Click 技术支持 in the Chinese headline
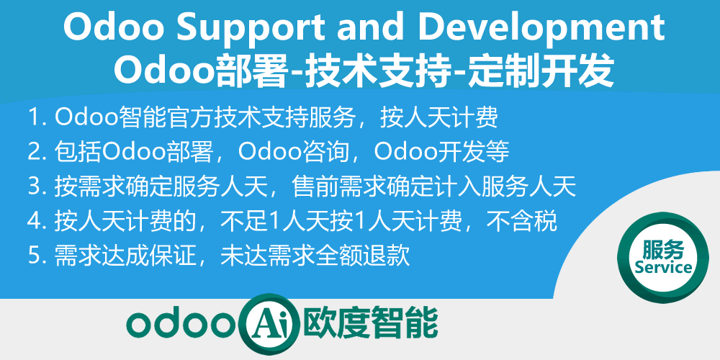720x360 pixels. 381,71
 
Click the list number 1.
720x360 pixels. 34,117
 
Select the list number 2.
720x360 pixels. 34,151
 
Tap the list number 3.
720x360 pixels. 34,186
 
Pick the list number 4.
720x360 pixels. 34,221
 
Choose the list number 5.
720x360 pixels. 34,256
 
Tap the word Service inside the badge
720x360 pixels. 663,268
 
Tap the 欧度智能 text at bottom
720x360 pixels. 372,323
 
